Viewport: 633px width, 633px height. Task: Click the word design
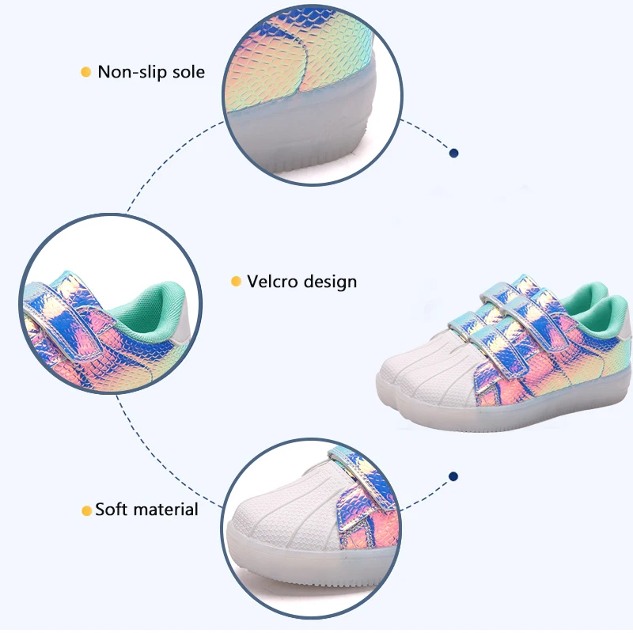click(331, 282)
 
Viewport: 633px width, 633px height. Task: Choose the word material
click(166, 509)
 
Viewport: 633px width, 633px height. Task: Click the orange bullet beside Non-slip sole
click(86, 72)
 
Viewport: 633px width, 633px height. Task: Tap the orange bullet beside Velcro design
click(235, 282)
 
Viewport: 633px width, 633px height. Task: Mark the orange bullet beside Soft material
click(86, 510)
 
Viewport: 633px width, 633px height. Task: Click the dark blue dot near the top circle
click(453, 153)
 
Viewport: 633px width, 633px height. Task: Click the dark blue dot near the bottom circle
click(453, 476)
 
